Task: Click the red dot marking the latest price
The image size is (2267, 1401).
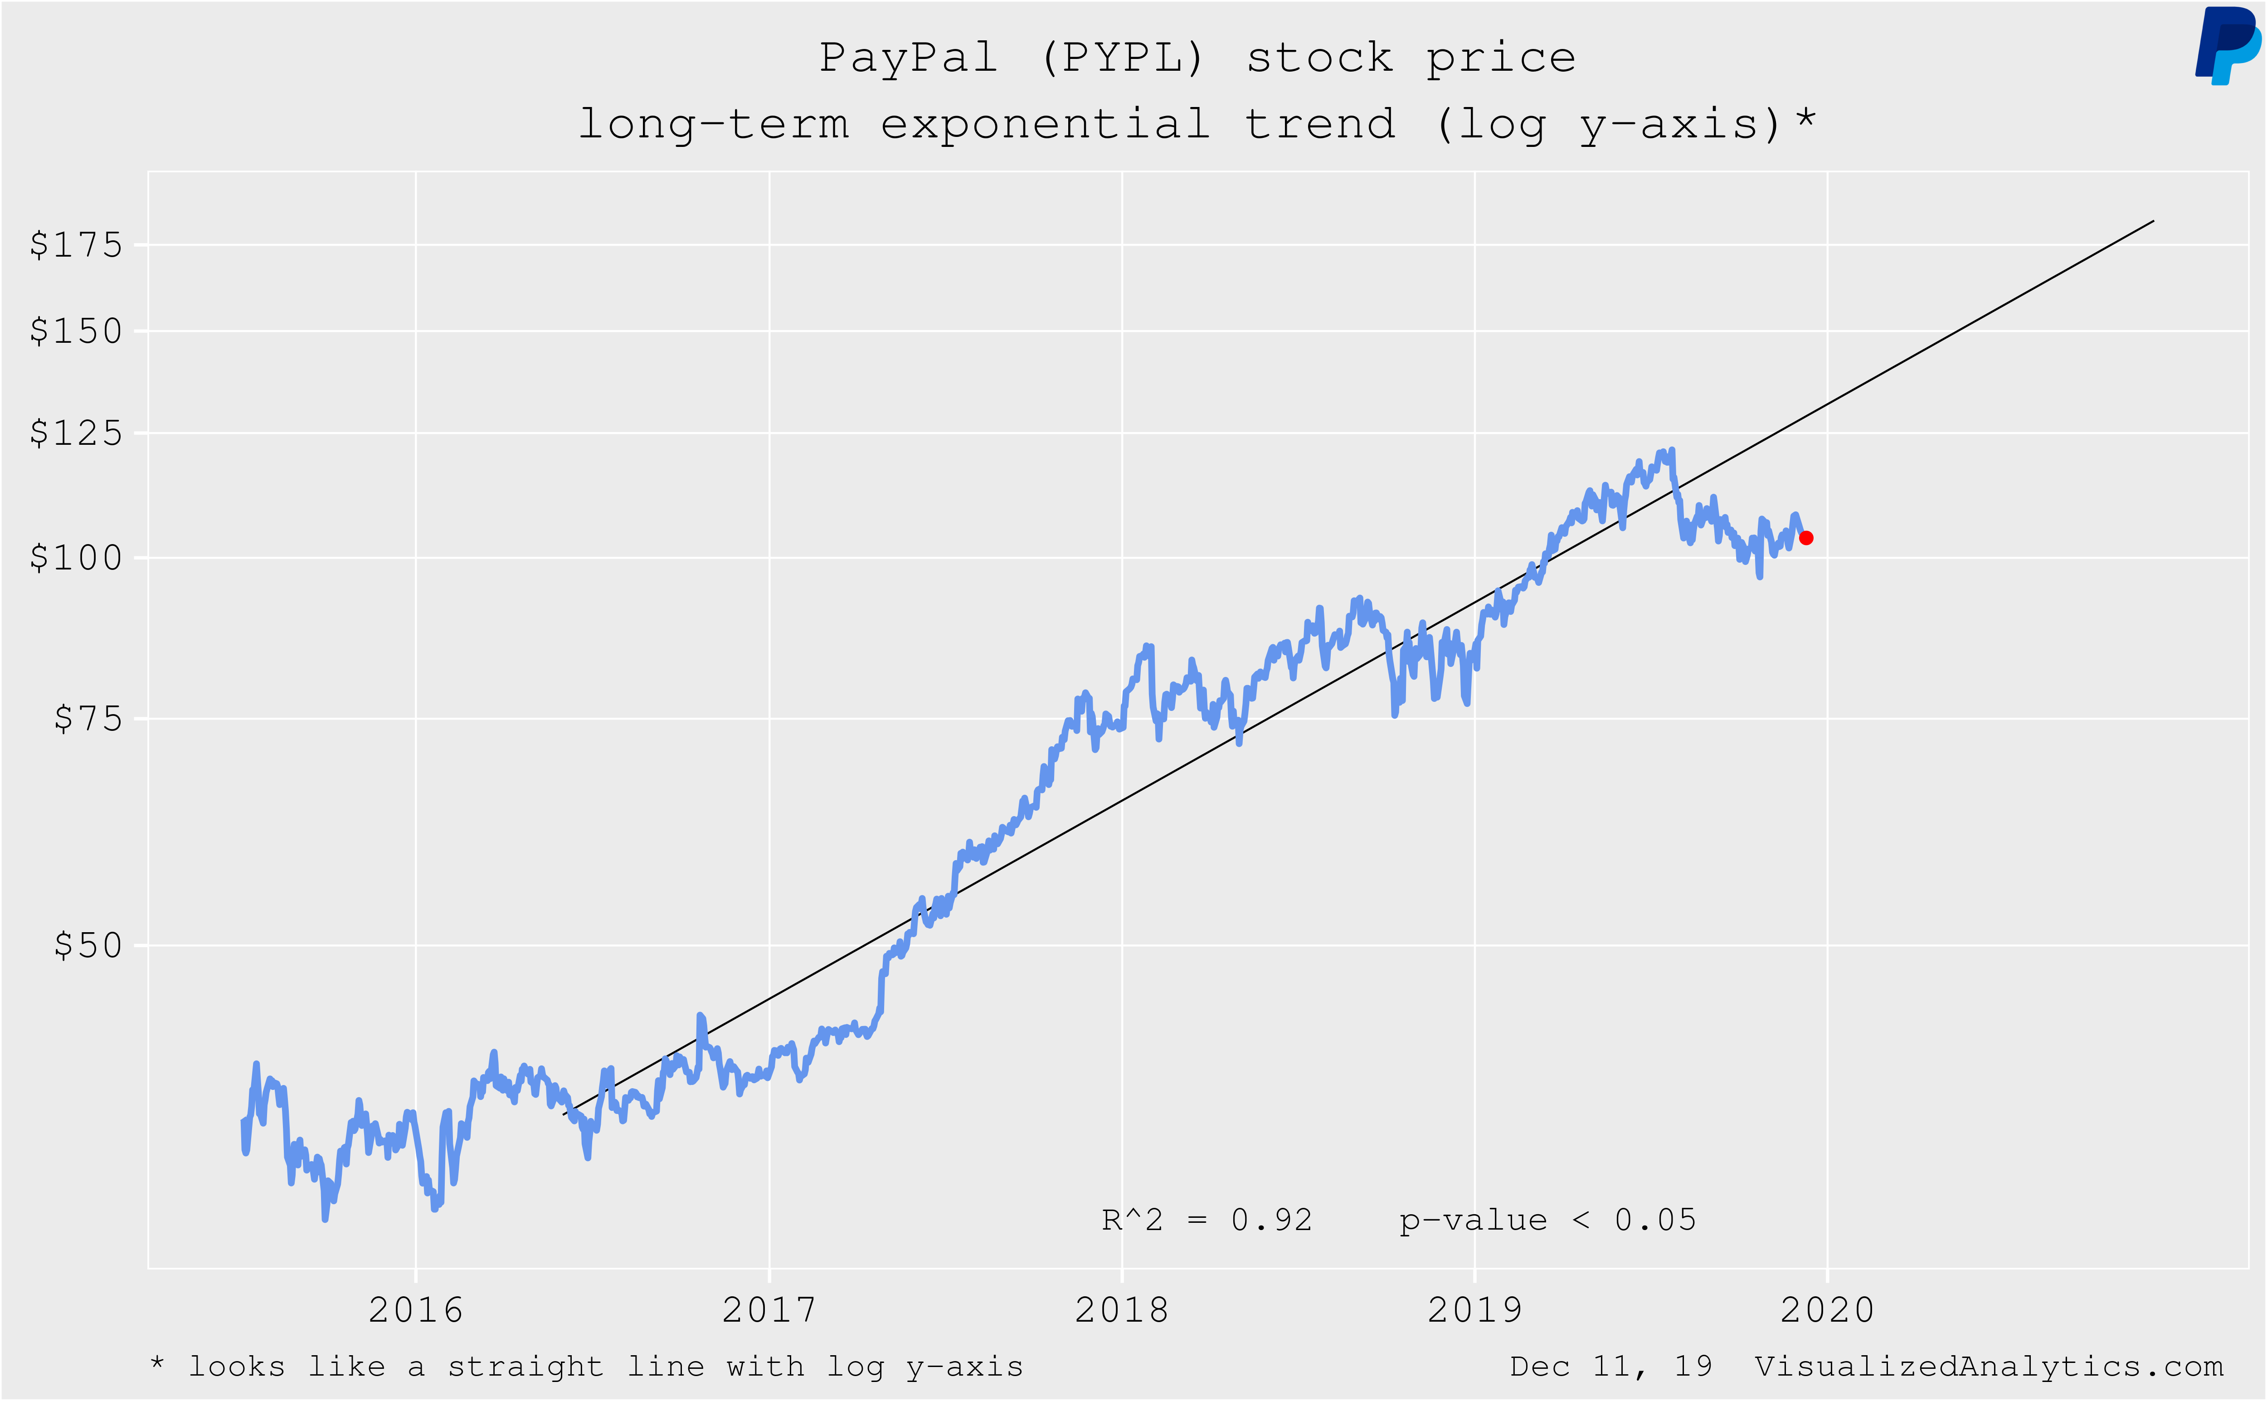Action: pyautogui.click(x=1805, y=537)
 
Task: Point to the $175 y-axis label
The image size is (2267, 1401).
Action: pyautogui.click(x=76, y=246)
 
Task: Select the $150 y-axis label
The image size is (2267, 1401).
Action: pyautogui.click(x=76, y=331)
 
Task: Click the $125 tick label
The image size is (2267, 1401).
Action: pyautogui.click(x=76, y=433)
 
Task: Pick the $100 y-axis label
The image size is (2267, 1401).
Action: pyautogui.click(x=76, y=558)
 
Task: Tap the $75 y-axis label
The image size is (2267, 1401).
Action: pyautogui.click(x=88, y=718)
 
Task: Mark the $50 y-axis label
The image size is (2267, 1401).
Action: pyautogui.click(x=88, y=945)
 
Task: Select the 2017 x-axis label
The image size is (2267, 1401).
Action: pyautogui.click(x=769, y=1310)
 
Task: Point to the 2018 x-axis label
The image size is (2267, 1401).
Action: pyautogui.click(x=1122, y=1310)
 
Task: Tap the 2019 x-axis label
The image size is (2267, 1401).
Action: pyautogui.click(x=1475, y=1310)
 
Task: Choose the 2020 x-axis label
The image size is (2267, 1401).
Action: pyautogui.click(x=1827, y=1310)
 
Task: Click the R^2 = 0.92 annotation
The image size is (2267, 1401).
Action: pyautogui.click(x=1206, y=1220)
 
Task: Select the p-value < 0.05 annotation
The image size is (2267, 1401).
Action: pyautogui.click(x=1547, y=1220)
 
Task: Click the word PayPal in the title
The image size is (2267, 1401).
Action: pyautogui.click(x=908, y=58)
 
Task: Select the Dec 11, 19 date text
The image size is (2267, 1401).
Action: pyautogui.click(x=1611, y=1367)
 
